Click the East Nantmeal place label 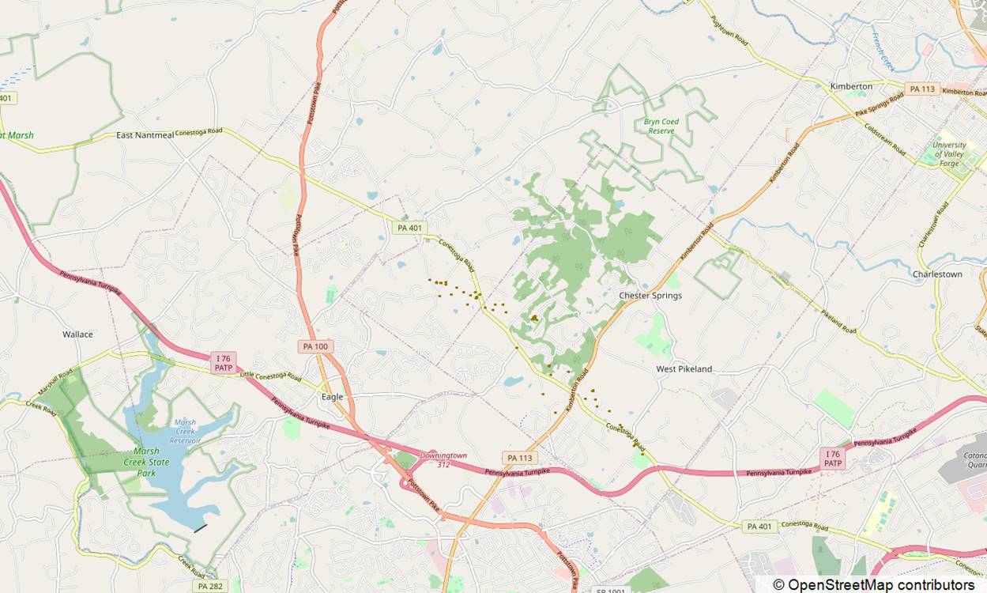pos(144,135)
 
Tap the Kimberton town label pos(851,86)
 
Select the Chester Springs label pos(650,296)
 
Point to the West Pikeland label pos(684,369)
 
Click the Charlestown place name pos(937,274)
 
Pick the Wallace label pos(77,334)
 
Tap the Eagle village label pos(332,397)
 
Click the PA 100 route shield pos(316,346)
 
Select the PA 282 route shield pos(209,586)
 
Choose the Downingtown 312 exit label pos(443,459)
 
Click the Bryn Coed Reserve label pos(661,127)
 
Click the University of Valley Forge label pos(949,149)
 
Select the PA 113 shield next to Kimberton pos(922,89)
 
